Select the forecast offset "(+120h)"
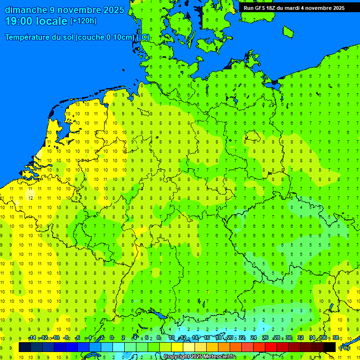83,21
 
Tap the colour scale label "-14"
32,338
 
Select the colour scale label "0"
112,338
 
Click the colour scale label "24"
253,338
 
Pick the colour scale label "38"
335,338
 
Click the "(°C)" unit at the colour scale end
345,347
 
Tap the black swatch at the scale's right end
330,347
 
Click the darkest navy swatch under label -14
24,347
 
